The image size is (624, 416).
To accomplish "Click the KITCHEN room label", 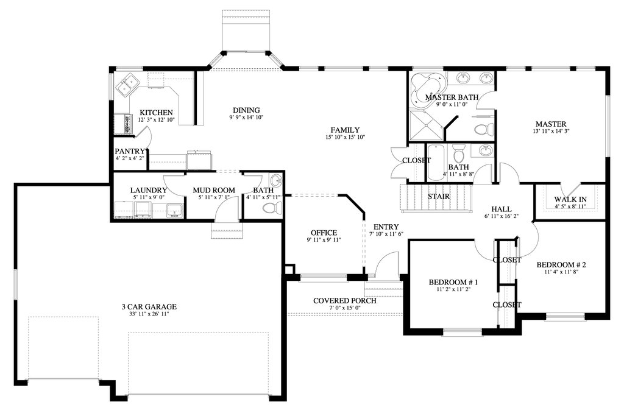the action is click(156, 113).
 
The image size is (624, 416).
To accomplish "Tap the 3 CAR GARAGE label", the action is click(149, 306).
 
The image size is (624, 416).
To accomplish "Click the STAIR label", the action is click(439, 197).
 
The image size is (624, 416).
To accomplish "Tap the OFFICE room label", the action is click(324, 233).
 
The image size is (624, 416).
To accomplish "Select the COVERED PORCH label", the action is click(345, 301).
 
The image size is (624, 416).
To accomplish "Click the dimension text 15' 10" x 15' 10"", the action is click(345, 137).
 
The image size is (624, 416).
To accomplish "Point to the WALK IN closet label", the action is click(570, 199).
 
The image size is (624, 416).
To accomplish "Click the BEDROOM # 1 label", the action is click(453, 282).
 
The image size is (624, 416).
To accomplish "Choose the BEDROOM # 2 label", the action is click(561, 264).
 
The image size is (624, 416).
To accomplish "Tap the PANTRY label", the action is click(130, 151).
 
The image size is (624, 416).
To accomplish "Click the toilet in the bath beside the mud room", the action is click(272, 208).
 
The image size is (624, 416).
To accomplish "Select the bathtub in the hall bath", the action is click(437, 164).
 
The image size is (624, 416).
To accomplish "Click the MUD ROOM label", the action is click(214, 190).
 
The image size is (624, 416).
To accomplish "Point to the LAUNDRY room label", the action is click(149, 190).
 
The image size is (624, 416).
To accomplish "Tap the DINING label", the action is click(246, 110).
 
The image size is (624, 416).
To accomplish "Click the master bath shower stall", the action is click(426, 125).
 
